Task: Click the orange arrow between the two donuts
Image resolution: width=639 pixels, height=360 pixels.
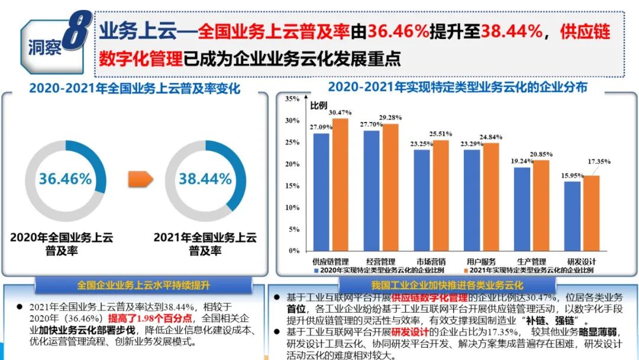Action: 141,178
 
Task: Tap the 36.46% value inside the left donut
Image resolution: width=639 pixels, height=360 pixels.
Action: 65,178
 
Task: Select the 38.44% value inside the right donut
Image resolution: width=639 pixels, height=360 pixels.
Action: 205,178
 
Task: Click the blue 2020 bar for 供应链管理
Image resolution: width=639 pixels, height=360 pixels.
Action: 321,192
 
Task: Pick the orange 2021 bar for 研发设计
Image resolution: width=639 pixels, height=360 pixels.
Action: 592,213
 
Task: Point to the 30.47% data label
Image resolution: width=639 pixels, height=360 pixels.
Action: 340,112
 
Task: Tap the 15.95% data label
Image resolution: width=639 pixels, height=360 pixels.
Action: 572,175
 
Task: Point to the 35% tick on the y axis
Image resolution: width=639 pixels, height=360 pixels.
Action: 292,99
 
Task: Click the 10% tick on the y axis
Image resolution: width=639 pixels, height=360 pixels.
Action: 292,208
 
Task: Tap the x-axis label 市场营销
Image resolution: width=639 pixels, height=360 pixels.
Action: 431,261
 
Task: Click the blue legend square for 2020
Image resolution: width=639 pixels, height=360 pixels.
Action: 317,271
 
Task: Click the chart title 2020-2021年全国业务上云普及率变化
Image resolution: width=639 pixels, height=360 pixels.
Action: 135,89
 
